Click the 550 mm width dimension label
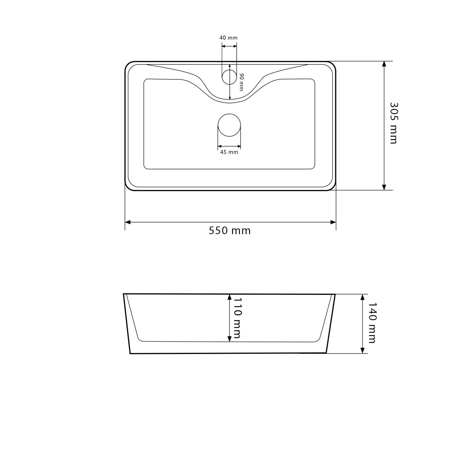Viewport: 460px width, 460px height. point(229,231)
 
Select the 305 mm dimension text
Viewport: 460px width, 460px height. point(394,123)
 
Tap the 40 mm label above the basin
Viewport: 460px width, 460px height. point(228,38)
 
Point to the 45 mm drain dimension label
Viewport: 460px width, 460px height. point(229,152)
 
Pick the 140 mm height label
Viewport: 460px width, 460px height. point(372,323)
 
